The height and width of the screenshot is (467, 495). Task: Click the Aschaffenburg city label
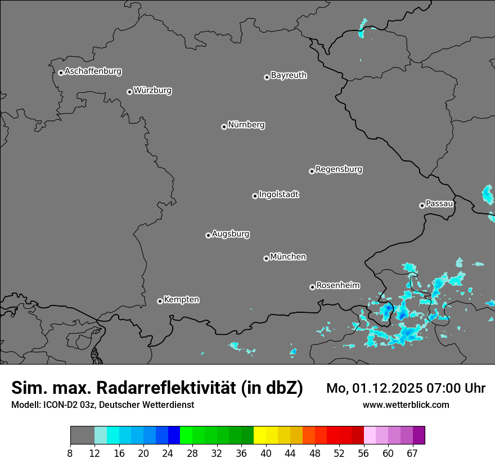pos(93,71)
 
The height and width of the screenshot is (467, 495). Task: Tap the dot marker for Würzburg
pos(129,92)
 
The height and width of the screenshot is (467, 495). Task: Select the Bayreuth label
pos(289,75)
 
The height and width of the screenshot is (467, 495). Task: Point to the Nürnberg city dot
pos(224,127)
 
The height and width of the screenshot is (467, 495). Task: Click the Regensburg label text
pos(339,169)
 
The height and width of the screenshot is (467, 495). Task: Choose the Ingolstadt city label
pos(278,195)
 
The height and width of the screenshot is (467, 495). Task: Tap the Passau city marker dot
pos(422,205)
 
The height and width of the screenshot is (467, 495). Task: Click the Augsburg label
pos(231,234)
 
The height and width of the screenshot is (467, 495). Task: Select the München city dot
pos(266,258)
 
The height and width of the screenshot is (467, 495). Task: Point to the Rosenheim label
pos(337,285)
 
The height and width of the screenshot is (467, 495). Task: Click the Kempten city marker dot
pos(160,301)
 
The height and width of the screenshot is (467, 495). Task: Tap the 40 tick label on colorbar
pos(266,453)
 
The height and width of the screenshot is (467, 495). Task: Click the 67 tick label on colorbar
pos(412,453)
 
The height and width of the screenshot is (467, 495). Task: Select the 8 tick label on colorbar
pos(70,453)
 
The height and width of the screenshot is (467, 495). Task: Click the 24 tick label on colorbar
pos(168,453)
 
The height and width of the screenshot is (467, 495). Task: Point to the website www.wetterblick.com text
pos(406,405)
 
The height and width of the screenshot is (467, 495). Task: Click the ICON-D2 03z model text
pos(67,405)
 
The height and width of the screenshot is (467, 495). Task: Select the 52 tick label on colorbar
pos(339,453)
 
